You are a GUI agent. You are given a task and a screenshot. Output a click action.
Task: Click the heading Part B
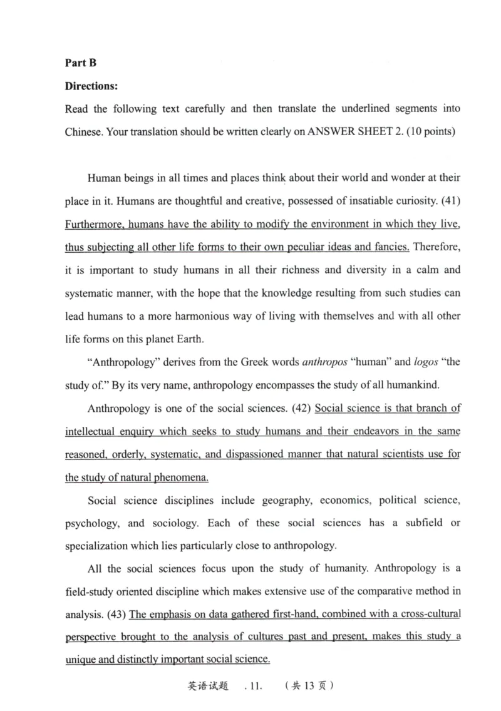(x=81, y=63)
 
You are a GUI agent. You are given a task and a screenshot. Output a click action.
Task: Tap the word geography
(x=287, y=500)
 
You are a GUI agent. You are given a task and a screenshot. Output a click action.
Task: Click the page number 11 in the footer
(x=253, y=685)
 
